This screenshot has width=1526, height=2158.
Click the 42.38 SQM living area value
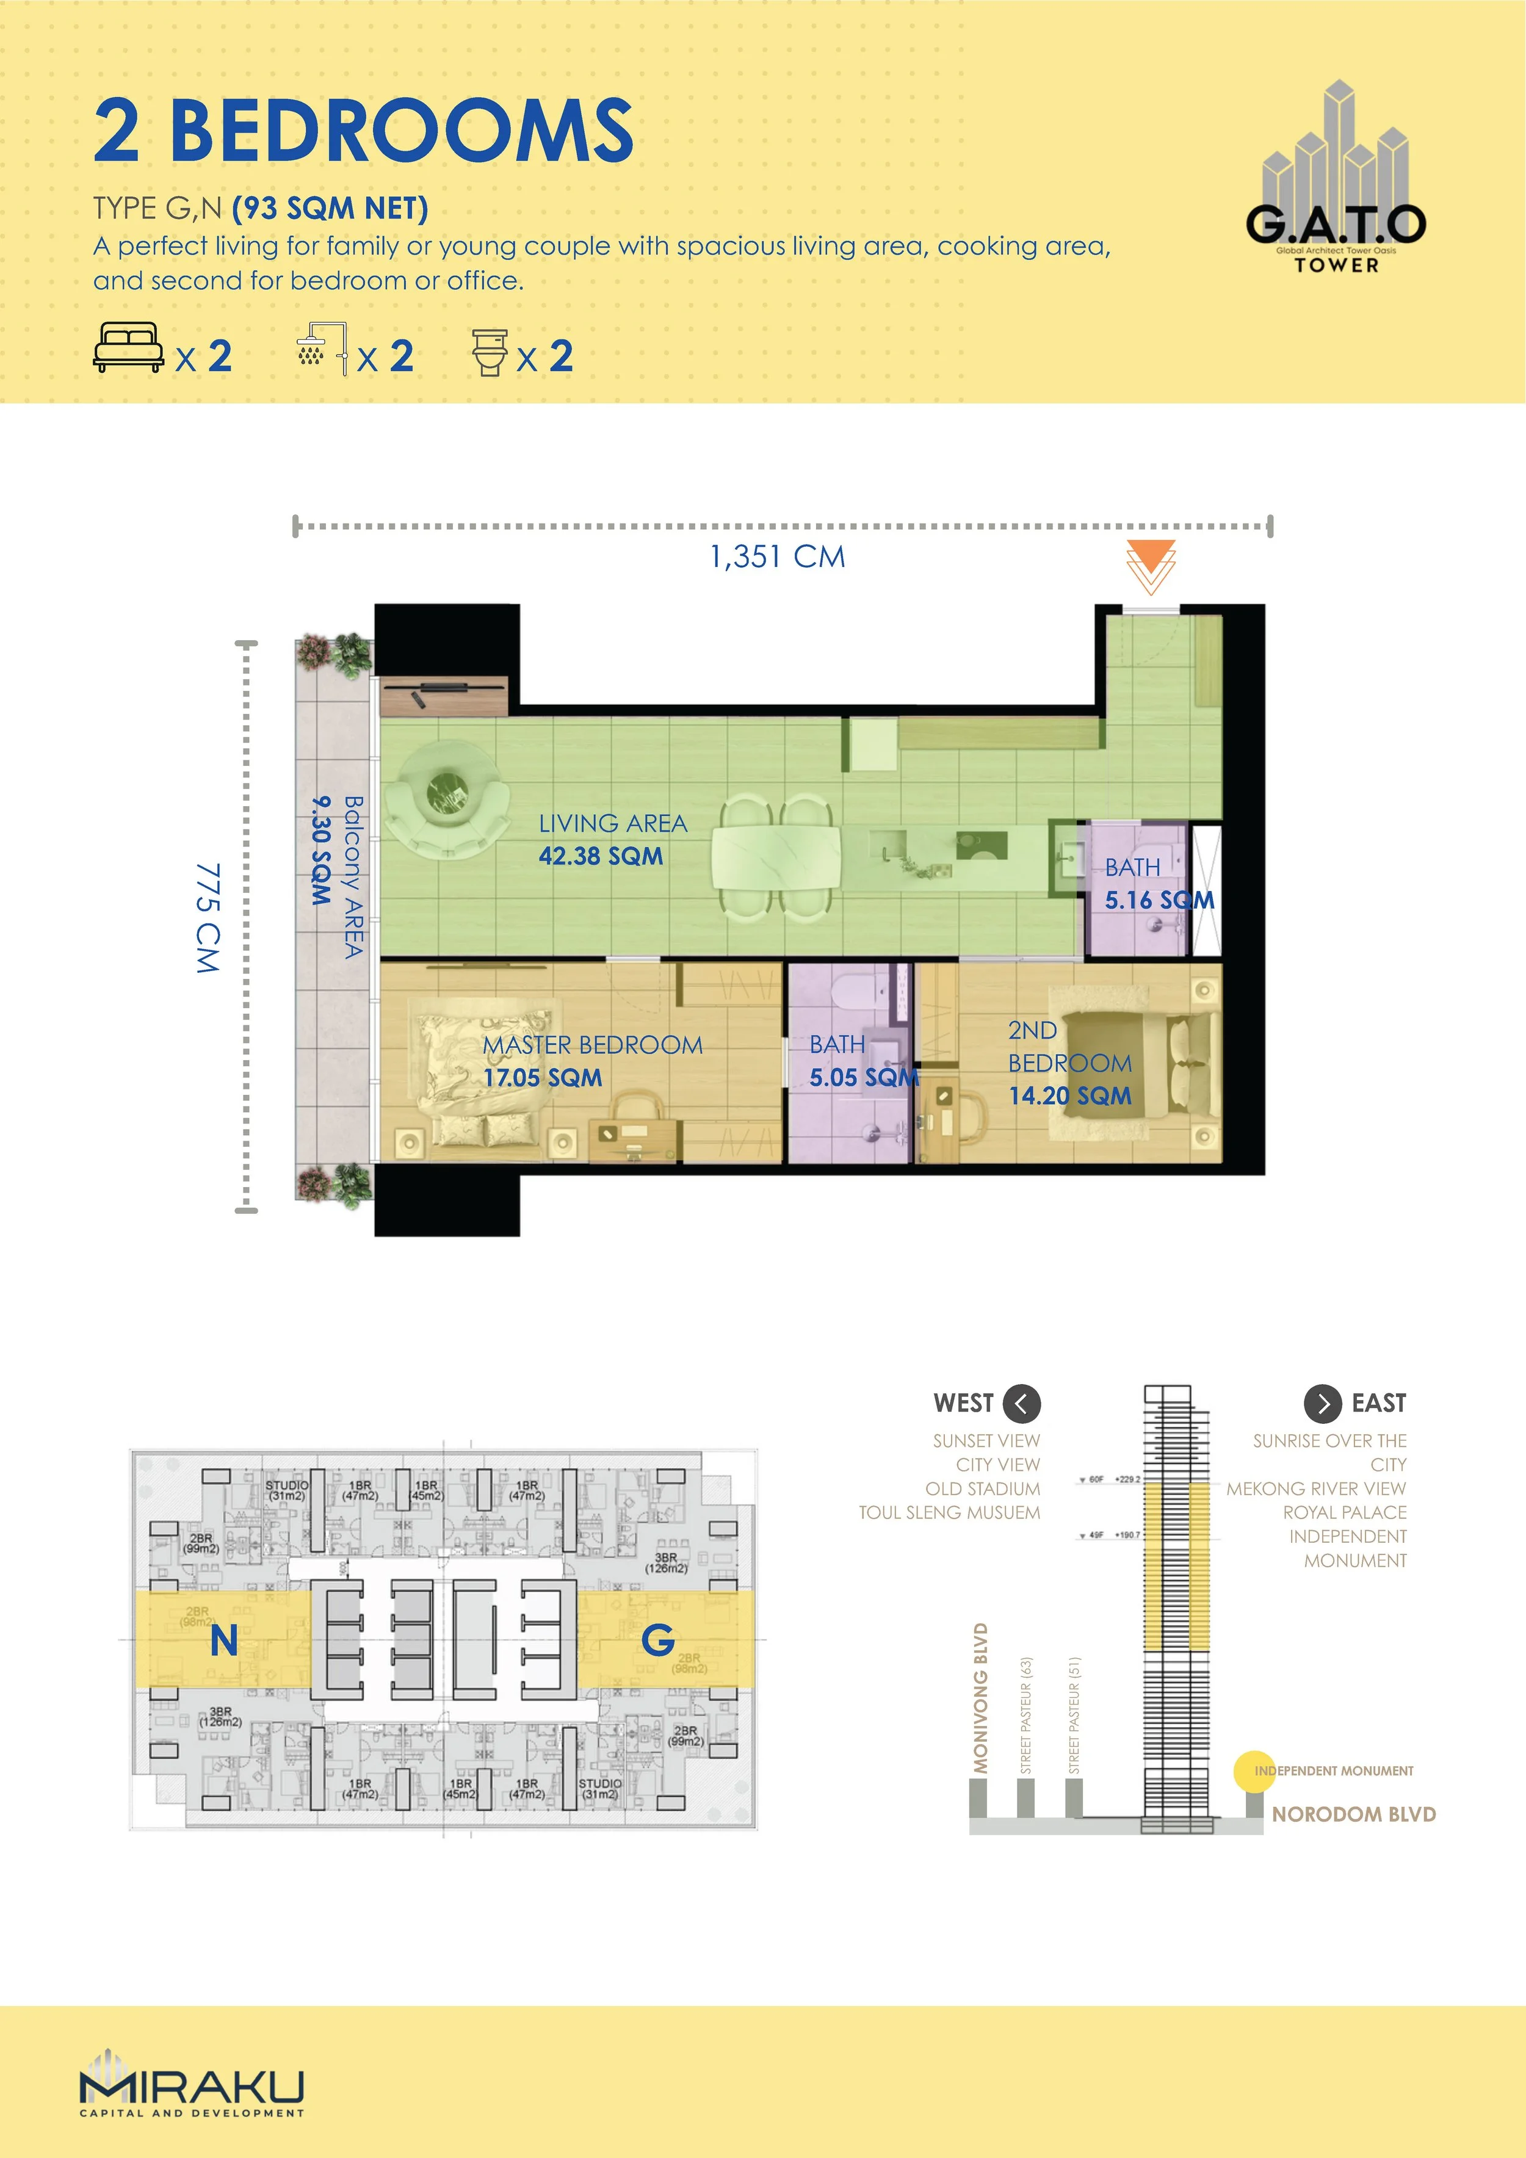coord(601,856)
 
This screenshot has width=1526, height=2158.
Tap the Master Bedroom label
coord(592,1045)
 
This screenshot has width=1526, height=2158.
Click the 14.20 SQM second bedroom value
coord(1070,1096)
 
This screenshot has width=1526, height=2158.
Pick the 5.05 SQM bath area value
coord(863,1078)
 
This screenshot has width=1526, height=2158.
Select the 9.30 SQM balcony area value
coord(322,851)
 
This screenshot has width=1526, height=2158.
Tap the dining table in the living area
coord(776,857)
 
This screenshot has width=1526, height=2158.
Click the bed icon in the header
coord(128,348)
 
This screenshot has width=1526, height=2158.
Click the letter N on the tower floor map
coord(224,1641)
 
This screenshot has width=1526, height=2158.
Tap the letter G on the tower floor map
coord(657,1641)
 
